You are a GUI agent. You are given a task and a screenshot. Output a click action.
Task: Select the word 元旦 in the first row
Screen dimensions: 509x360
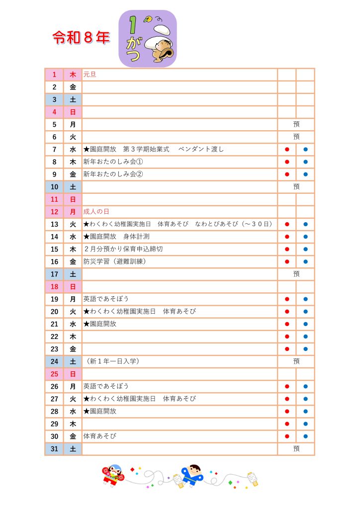(90, 75)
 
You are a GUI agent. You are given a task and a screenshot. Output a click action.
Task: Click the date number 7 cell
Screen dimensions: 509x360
(54, 149)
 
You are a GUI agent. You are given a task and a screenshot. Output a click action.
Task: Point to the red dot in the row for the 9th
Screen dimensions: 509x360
(287, 174)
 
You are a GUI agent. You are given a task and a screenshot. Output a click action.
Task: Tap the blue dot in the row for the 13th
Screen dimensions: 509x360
(305, 224)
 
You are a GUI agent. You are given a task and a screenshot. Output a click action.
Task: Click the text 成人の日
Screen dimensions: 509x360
(96, 212)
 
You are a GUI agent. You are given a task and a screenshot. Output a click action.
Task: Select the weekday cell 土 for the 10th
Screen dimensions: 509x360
(73, 187)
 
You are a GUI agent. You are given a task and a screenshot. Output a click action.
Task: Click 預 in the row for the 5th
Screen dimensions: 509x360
(296, 124)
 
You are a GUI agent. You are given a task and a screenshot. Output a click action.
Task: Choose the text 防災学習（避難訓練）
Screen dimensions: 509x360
(118, 261)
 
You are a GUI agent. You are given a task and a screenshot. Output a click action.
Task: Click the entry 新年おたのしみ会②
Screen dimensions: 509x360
(113, 174)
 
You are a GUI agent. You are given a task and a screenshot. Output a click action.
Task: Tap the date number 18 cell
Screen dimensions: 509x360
(54, 286)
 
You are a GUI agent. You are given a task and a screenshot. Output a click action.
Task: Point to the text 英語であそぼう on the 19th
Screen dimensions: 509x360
(106, 299)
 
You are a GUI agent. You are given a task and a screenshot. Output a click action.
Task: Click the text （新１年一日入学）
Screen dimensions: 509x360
(112, 361)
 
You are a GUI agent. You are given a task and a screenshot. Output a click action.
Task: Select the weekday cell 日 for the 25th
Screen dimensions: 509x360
(73, 374)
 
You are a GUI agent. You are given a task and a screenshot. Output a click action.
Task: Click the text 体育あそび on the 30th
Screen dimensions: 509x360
(99, 436)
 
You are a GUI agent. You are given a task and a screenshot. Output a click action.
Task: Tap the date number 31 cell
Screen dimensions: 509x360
(54, 448)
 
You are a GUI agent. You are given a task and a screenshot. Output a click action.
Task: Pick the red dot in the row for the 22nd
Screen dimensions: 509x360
(287, 337)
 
